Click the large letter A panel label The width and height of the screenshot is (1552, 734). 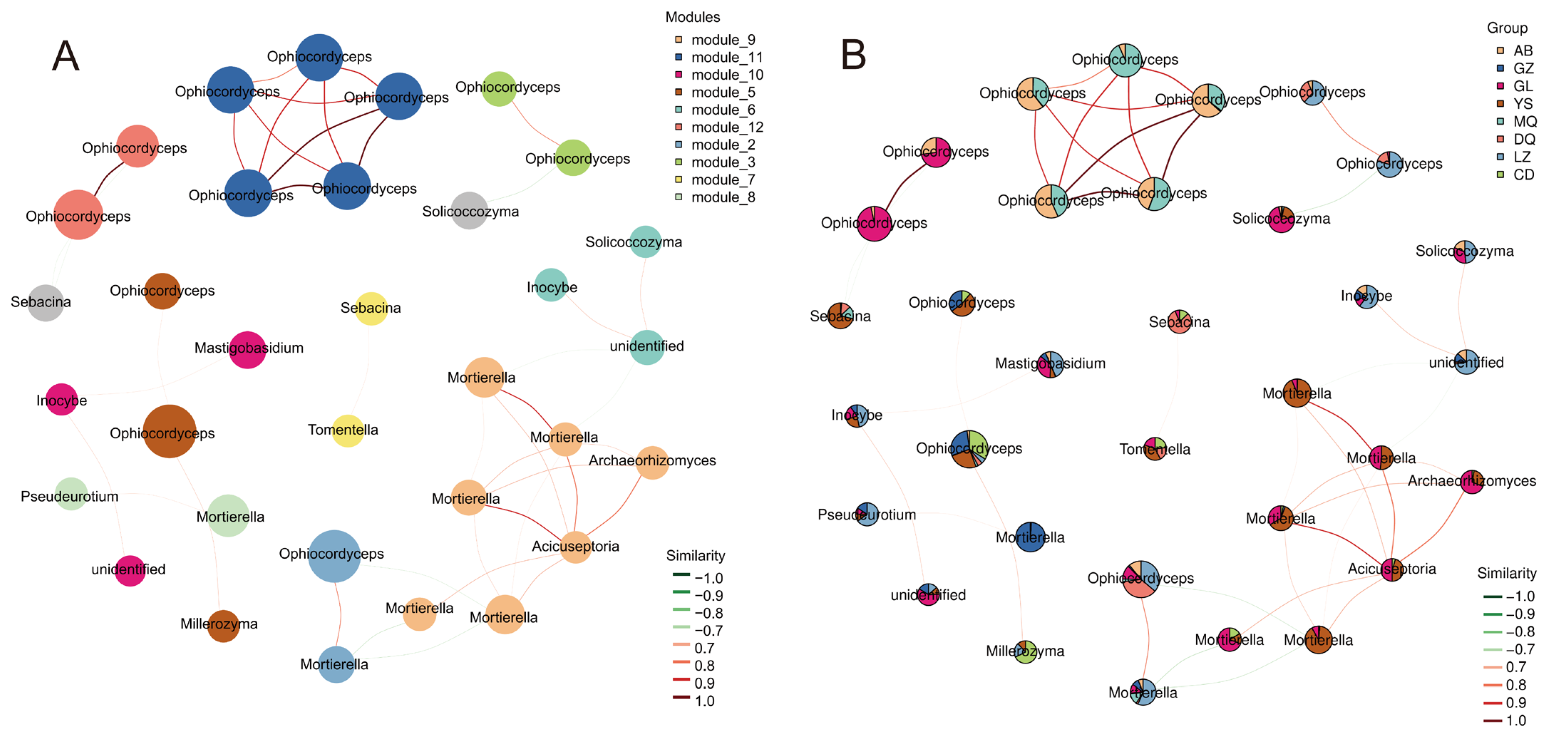click(66, 56)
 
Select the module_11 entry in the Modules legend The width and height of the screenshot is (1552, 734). click(726, 57)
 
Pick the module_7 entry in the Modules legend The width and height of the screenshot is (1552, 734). click(723, 180)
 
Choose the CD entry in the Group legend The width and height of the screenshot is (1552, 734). click(1522, 175)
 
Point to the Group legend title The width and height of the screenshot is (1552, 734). click(1507, 28)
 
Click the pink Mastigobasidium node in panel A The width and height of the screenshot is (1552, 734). click(248, 349)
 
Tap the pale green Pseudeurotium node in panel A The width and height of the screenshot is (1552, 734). click(71, 494)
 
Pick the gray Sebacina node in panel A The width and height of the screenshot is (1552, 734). click(45, 303)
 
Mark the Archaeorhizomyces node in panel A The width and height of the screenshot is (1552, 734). click(652, 463)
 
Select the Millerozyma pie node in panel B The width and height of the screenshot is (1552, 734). click(1025, 651)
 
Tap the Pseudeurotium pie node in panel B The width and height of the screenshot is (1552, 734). click(867, 514)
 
